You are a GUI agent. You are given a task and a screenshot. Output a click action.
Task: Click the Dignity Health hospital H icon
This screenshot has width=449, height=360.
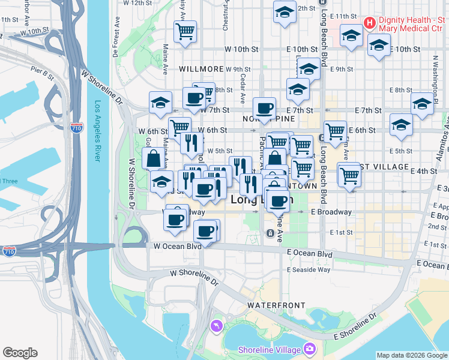pos(370,23)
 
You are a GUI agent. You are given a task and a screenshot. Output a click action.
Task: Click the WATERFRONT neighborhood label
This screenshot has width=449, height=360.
pos(276,305)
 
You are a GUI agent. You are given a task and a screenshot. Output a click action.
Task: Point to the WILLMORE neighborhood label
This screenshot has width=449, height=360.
pos(203,70)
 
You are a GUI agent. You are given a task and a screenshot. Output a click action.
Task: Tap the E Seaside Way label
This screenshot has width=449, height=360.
pos(309,269)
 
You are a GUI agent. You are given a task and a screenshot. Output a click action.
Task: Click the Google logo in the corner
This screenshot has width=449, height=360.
pos(20,353)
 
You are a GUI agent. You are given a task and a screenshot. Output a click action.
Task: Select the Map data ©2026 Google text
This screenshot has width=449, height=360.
pos(412,355)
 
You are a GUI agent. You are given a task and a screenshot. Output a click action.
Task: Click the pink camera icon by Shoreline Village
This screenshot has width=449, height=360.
pos(310,349)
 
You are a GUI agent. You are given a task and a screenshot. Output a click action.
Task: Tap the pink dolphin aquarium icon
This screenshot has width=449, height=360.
pos(216,326)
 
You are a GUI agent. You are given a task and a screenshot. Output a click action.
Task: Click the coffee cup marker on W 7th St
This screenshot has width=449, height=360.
pos(264,109)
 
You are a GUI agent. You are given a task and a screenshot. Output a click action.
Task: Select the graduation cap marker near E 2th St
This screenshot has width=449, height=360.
pos(285,11)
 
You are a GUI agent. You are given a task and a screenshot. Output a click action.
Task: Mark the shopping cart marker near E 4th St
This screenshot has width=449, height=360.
pos(349,175)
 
